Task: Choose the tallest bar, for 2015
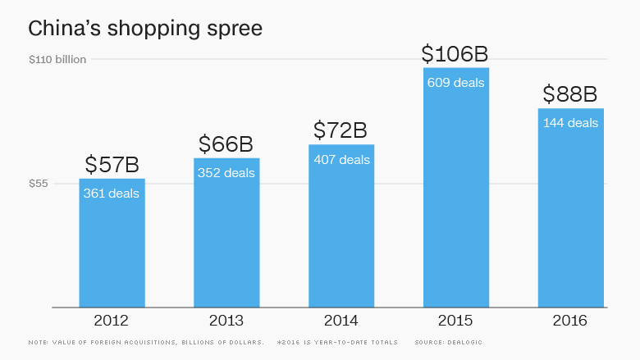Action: (456, 197)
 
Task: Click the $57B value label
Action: (112, 165)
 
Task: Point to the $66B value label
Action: (226, 144)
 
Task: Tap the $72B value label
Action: (341, 130)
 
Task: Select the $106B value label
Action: (455, 54)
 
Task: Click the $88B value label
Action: (571, 94)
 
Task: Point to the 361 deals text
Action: (112, 194)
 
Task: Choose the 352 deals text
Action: (226, 173)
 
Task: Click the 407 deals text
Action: (341, 160)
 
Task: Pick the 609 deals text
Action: (456, 83)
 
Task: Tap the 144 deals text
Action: (571, 123)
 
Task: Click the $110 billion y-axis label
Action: (57, 59)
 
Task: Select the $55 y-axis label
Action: (39, 184)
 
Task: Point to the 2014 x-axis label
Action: (341, 321)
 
